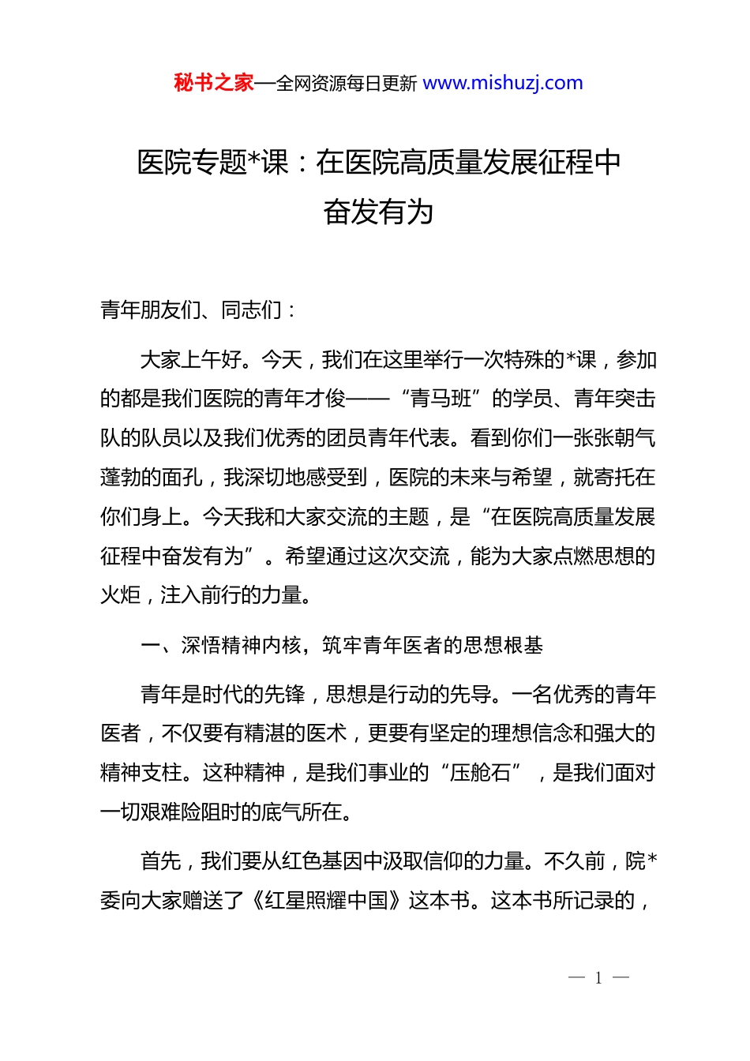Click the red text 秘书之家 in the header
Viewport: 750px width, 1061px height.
tap(214, 83)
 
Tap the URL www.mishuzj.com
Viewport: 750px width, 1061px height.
tap(503, 83)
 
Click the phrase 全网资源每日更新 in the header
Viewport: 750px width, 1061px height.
tap(347, 84)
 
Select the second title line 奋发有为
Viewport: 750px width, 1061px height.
tap(378, 212)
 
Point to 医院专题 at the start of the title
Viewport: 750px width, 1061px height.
tap(192, 163)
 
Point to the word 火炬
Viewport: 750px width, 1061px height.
tap(121, 595)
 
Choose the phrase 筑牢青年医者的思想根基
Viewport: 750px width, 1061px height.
tap(433, 646)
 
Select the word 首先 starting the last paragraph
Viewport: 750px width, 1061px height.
tap(161, 861)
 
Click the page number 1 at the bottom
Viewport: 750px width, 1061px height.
tap(598, 978)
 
